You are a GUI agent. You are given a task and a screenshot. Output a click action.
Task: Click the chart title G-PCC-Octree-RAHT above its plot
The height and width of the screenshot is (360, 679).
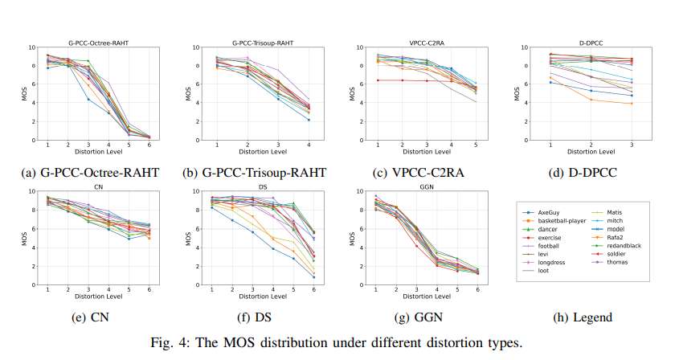(96, 40)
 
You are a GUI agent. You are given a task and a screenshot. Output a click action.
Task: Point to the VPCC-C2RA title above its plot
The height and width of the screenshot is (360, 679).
(424, 40)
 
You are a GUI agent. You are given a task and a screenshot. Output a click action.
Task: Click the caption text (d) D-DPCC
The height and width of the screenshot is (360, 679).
(588, 171)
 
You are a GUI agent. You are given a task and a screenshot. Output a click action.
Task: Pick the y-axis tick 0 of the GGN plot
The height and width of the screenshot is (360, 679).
(362, 284)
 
